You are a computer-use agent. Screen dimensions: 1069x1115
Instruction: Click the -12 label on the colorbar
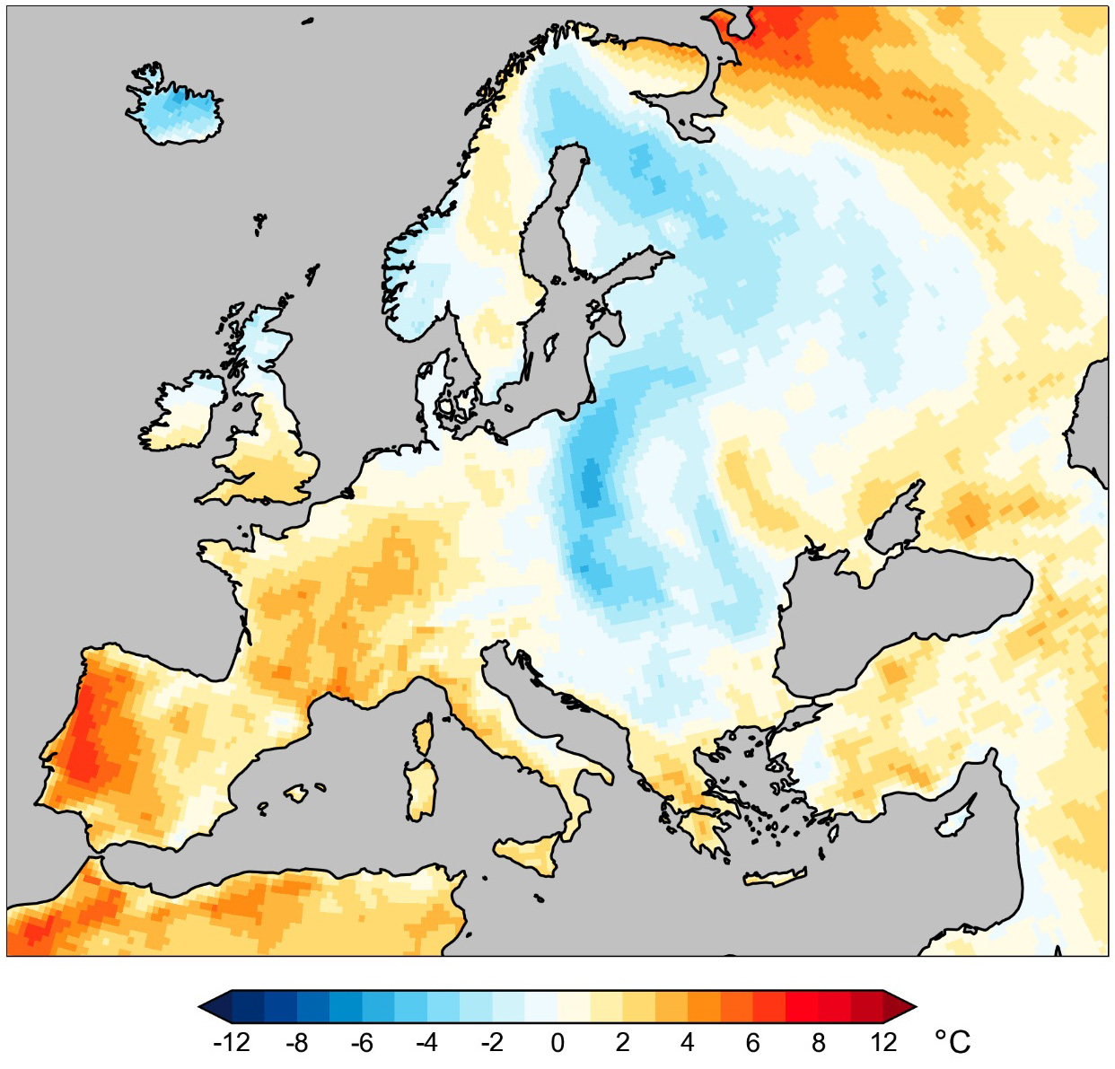(x=231, y=1042)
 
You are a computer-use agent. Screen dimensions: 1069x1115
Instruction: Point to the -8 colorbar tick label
(x=296, y=1042)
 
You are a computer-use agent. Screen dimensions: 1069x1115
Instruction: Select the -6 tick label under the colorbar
(x=362, y=1042)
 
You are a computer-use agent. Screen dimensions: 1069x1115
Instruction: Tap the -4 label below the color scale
(x=426, y=1042)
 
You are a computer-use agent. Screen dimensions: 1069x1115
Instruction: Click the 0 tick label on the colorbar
(x=557, y=1042)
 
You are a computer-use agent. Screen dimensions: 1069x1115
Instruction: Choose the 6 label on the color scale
(x=752, y=1042)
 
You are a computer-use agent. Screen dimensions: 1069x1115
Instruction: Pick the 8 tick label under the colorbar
(x=818, y=1042)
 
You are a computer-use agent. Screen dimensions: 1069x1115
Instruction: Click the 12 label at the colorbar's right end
(x=883, y=1042)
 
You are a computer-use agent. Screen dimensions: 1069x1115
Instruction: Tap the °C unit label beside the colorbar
(x=953, y=1042)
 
